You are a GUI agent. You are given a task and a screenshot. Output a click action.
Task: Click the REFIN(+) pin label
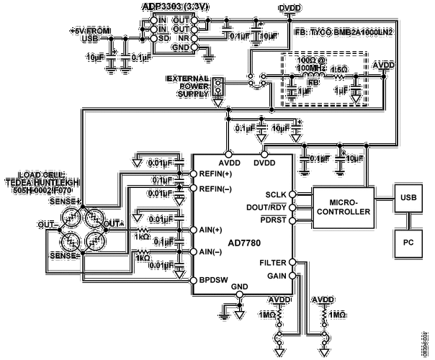(x=215, y=174)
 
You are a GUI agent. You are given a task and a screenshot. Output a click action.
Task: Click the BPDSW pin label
(x=212, y=278)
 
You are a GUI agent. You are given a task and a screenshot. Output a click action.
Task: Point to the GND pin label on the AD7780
(x=238, y=287)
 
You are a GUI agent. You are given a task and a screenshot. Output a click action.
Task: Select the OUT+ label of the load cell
(x=115, y=225)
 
